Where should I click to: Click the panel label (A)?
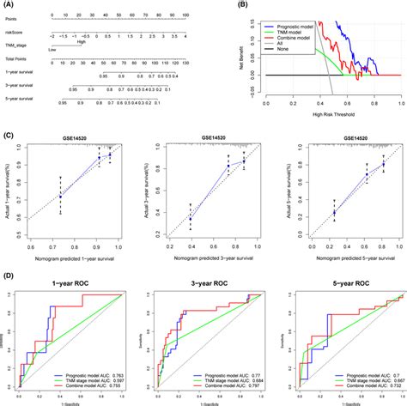coord(9,4)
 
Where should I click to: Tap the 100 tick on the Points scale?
coord(199,15)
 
